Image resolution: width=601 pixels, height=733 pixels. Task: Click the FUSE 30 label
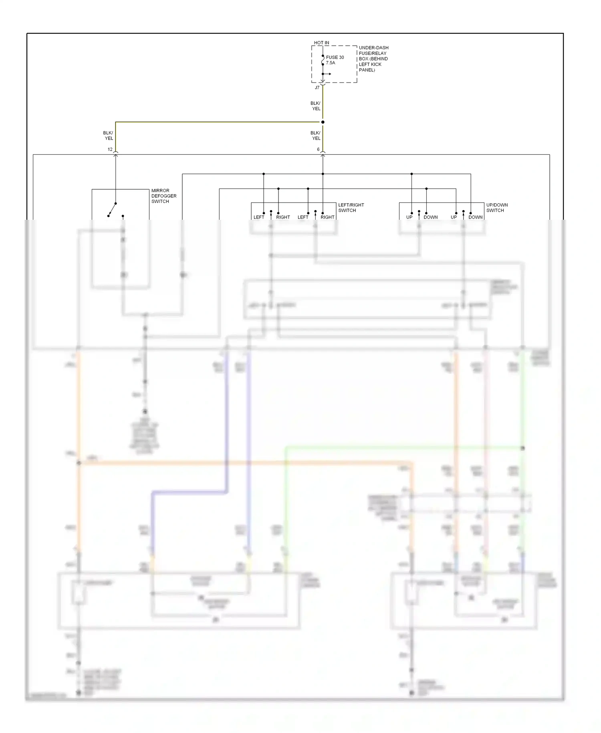tap(335, 57)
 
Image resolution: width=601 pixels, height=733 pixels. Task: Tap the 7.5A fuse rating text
tap(330, 63)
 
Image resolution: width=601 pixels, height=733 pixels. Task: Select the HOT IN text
tap(321, 43)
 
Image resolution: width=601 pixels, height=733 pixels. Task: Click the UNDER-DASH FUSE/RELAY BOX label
tap(373, 59)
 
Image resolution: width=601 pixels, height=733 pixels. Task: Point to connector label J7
tap(317, 87)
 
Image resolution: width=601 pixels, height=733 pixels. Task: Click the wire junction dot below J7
tap(323, 122)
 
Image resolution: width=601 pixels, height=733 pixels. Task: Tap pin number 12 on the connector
tap(110, 149)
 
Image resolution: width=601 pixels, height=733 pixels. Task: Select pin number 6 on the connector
tap(318, 149)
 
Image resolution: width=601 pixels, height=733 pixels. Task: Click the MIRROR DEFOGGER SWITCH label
tap(163, 196)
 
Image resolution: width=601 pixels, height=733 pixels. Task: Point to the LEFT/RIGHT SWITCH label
tap(351, 207)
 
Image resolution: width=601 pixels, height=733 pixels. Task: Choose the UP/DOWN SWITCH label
tap(496, 207)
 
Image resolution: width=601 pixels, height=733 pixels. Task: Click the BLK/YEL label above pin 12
tap(108, 136)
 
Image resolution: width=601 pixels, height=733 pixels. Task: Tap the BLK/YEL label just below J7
tap(315, 106)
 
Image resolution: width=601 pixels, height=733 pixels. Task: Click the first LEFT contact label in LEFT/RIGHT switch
tap(259, 217)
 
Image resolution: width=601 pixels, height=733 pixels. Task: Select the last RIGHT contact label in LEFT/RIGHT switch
tap(327, 217)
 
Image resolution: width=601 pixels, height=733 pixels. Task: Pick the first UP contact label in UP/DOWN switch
tap(409, 217)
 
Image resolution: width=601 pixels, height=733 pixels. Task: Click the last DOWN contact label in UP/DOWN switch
tap(475, 217)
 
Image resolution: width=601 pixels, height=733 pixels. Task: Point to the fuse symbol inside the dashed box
tap(323, 60)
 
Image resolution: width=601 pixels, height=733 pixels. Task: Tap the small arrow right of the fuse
tap(328, 74)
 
